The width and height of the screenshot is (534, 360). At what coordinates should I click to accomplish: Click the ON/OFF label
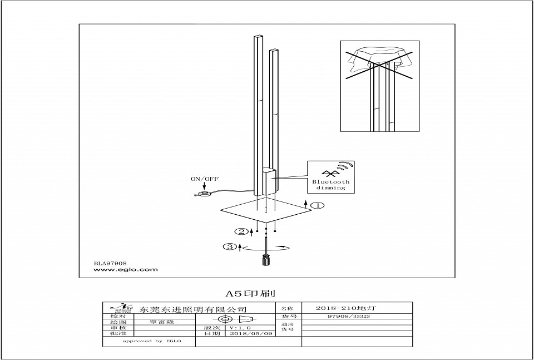coord(204,179)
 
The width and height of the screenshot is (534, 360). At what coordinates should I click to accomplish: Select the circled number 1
coord(318,205)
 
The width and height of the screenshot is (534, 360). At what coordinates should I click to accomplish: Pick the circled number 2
coord(240,231)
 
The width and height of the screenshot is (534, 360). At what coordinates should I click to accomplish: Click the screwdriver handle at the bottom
coord(266,260)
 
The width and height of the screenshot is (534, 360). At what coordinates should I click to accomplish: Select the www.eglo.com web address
coord(126,269)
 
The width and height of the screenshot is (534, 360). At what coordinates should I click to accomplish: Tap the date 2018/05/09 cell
coord(251,333)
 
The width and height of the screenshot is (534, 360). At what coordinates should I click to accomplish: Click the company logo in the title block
coord(121,308)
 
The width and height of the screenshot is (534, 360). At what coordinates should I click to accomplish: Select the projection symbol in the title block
coord(236,319)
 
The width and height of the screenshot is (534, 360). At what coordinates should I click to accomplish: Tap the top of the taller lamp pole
coord(257,37)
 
